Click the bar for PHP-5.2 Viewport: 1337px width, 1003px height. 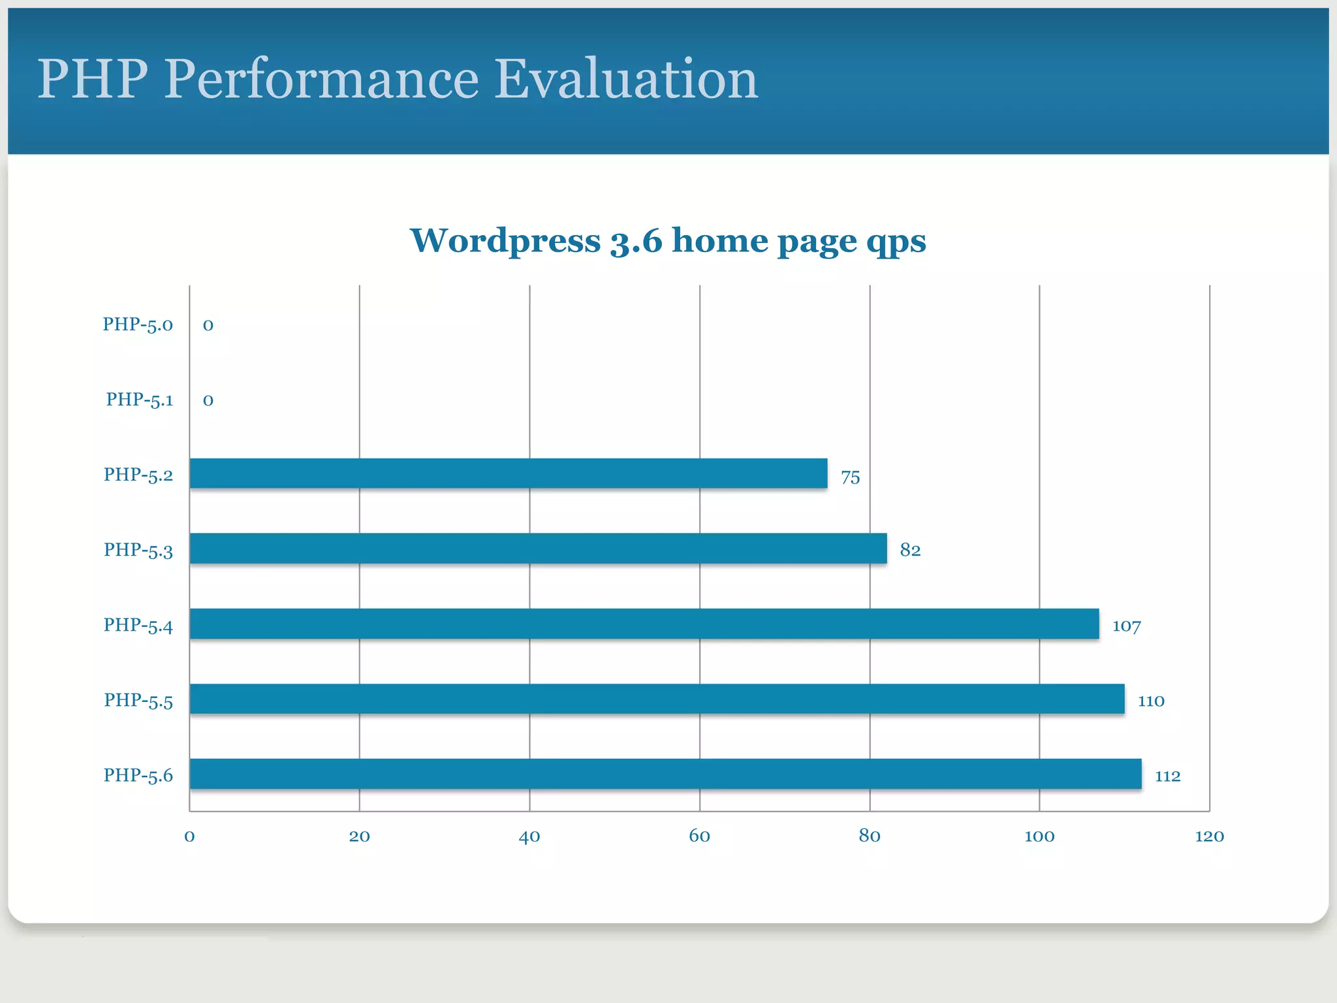[508, 473]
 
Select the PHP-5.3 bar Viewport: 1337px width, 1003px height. [538, 549]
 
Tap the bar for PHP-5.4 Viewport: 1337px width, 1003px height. [644, 624]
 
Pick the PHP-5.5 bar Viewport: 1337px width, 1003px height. [657, 699]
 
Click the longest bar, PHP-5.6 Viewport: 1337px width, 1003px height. [665, 774]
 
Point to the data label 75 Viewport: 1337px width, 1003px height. [850, 477]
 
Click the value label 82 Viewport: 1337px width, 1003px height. [910, 550]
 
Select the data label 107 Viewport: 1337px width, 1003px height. [1126, 626]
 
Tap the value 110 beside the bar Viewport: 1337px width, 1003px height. [1151, 701]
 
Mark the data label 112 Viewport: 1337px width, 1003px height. [1167, 776]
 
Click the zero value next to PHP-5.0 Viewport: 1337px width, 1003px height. [208, 325]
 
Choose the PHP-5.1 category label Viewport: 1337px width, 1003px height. [140, 400]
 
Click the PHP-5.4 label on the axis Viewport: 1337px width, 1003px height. [138, 626]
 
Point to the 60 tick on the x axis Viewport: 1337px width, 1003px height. [699, 836]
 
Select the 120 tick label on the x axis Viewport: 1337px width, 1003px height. [1209, 836]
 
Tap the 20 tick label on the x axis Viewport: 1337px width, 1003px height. [359, 836]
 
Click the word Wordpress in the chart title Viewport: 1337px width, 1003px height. [505, 240]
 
